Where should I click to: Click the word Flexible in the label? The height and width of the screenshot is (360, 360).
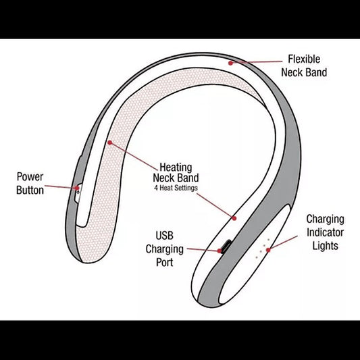[304, 59]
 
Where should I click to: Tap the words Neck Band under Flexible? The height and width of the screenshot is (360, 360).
[304, 72]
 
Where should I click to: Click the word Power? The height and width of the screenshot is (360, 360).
[30, 177]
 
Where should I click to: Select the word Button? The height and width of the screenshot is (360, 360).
[30, 190]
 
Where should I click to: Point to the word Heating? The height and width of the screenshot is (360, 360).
[176, 168]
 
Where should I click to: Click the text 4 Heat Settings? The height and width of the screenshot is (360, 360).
[176, 188]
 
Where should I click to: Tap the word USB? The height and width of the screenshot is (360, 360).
[164, 236]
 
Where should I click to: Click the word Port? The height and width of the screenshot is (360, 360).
[165, 262]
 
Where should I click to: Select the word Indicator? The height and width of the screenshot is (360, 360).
[325, 232]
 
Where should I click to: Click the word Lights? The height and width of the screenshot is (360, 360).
[326, 246]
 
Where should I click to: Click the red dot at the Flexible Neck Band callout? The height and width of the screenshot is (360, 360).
[230, 63]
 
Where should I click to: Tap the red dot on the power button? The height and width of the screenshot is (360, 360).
[78, 188]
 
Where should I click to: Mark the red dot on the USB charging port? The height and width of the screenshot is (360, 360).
[220, 251]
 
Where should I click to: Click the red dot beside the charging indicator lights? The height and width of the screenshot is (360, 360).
[268, 250]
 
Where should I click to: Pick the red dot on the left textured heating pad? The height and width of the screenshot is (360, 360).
[109, 143]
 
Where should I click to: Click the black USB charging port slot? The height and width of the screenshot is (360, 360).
[226, 246]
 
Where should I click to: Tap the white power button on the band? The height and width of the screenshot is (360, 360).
[78, 193]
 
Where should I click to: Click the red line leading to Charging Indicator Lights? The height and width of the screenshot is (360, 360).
[283, 242]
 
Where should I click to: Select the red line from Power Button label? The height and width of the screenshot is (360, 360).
[61, 187]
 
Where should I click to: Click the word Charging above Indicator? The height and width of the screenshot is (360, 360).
[325, 220]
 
